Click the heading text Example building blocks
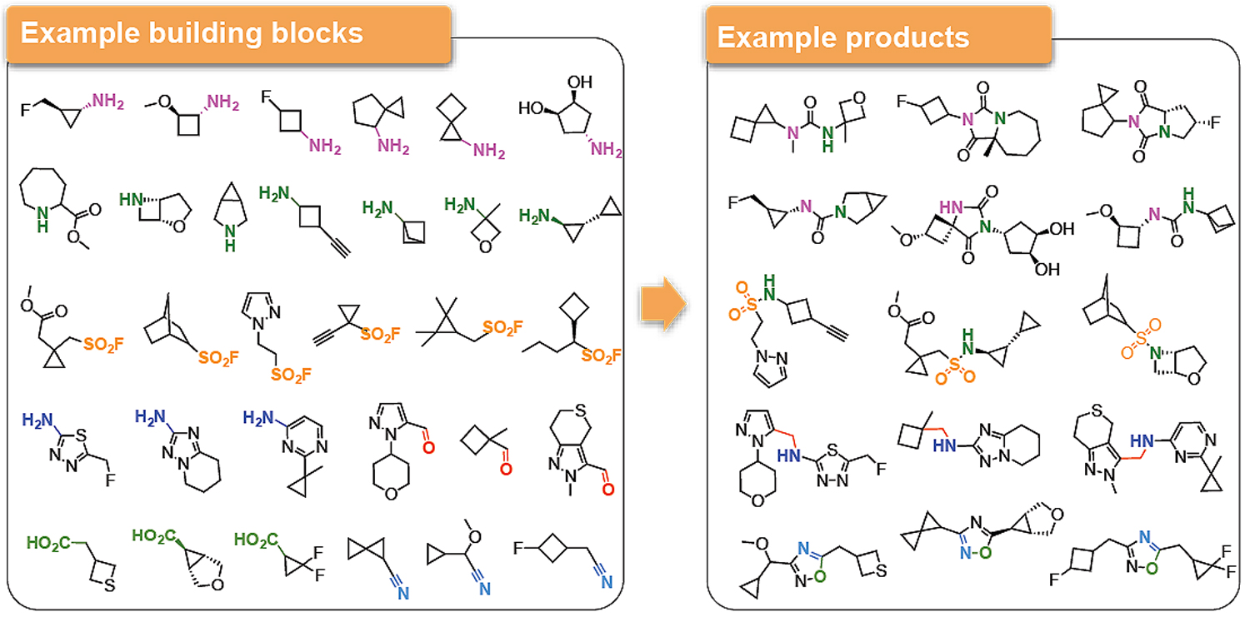click(192, 32)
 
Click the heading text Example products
click(843, 37)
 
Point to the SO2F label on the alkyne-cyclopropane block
click(380, 335)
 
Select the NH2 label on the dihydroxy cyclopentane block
click(607, 150)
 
